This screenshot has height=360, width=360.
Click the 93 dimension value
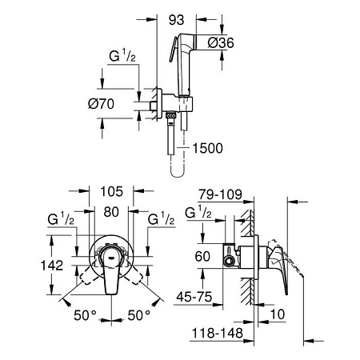tap(176, 20)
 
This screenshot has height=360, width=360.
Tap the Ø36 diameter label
tap(221, 42)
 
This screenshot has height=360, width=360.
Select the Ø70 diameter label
tap(101, 103)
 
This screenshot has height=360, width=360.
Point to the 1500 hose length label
tap(207, 148)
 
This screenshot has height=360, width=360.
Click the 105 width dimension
tap(111, 191)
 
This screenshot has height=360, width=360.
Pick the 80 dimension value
tap(111, 212)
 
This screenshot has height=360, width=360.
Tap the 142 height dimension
tap(52, 266)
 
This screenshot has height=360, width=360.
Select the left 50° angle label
tap(85, 315)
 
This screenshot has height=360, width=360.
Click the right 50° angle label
tap(138, 315)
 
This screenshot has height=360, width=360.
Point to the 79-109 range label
tap(220, 194)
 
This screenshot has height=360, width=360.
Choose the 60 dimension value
tap(202, 256)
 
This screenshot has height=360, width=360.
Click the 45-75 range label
tap(194, 297)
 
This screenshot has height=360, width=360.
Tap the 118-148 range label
tap(218, 333)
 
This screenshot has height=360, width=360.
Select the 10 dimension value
tap(278, 314)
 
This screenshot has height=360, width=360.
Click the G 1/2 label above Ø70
tap(122, 56)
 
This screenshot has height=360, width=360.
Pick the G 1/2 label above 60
tap(198, 212)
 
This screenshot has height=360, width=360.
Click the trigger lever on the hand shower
tap(173, 50)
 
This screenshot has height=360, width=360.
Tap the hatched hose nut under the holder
tap(170, 115)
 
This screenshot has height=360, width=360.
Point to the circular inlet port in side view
tap(229, 261)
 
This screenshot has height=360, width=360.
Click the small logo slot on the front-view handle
tap(111, 258)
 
